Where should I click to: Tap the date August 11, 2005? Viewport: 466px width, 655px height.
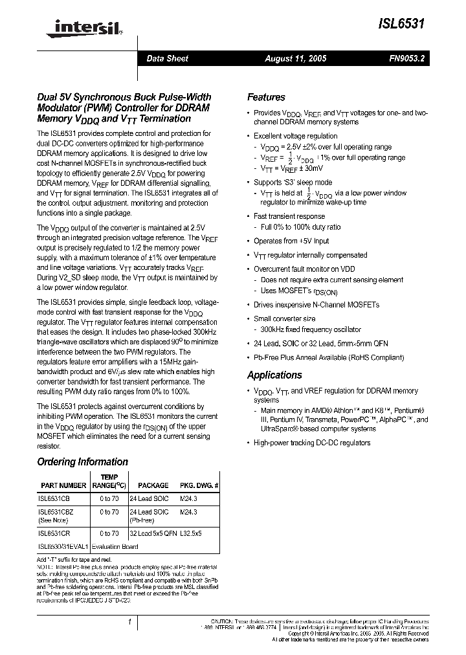(x=296, y=59)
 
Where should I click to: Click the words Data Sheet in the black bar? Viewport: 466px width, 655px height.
(x=167, y=59)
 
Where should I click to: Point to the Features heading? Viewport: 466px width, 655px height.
(x=266, y=97)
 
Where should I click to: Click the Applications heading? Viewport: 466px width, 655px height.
(x=274, y=375)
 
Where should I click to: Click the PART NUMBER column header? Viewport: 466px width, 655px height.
(x=63, y=485)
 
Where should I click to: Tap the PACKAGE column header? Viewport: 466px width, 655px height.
(x=153, y=485)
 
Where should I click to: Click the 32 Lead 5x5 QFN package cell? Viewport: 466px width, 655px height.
(x=153, y=533)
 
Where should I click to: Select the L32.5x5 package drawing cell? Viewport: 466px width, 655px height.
(x=191, y=533)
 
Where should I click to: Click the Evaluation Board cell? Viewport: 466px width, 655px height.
(x=115, y=546)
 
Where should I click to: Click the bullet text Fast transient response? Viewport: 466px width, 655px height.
(x=289, y=216)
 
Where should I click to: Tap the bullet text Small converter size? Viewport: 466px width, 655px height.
(x=284, y=318)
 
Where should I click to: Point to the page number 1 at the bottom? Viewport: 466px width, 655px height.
(x=129, y=622)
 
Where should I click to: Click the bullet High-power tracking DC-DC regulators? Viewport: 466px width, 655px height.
(x=312, y=443)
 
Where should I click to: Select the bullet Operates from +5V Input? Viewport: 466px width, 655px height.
(x=291, y=241)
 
